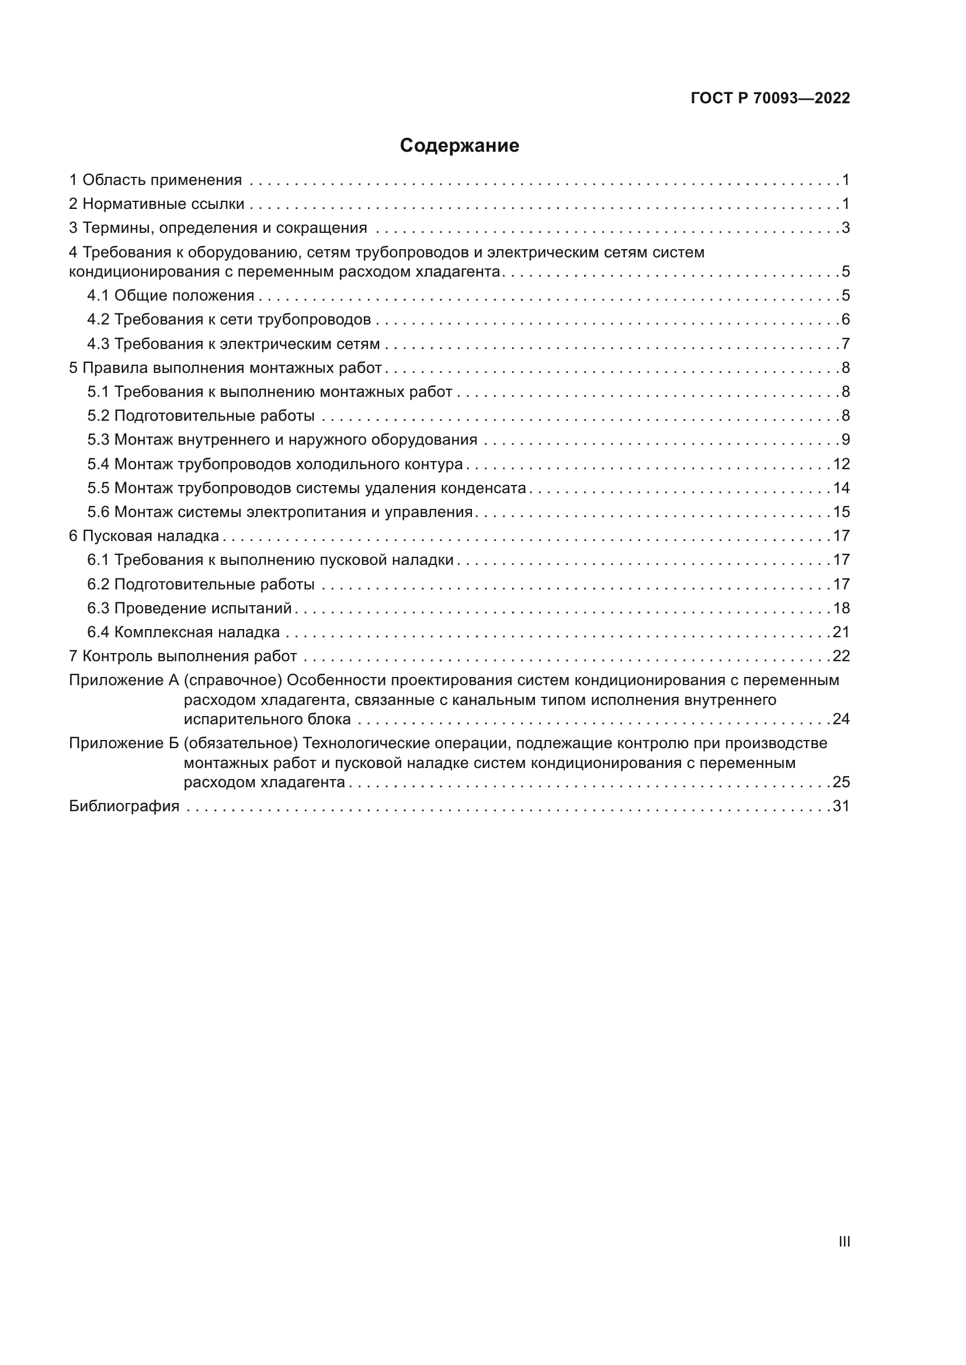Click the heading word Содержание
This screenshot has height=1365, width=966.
[x=459, y=146]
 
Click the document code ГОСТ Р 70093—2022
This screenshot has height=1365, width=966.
[x=770, y=98]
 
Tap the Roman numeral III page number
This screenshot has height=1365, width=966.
[x=844, y=1241]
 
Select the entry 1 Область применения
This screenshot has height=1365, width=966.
[x=156, y=180]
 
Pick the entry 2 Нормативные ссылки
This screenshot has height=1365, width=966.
[x=157, y=204]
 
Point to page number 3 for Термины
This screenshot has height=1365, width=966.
[x=845, y=228]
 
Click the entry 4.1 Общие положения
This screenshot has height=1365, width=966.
[x=171, y=295]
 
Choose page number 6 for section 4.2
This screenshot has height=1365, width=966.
[x=845, y=319]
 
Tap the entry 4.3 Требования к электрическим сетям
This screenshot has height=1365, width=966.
[x=234, y=344]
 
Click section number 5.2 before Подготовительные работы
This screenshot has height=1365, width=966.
[x=98, y=416]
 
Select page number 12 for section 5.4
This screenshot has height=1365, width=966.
[x=841, y=464]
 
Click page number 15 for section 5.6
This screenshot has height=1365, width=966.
[x=841, y=512]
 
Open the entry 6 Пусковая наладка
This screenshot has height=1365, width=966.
[x=144, y=536]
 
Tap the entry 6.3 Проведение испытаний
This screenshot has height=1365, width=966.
[x=190, y=608]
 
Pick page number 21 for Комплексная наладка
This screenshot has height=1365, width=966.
[x=841, y=632]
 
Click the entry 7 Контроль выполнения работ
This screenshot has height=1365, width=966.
[x=183, y=656]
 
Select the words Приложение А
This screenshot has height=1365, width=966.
[x=124, y=679]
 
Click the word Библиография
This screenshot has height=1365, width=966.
[x=124, y=806]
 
